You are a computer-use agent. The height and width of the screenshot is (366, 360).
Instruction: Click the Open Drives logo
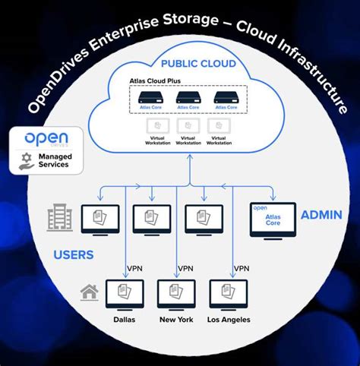point(47,139)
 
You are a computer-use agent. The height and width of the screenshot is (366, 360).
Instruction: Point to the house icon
point(89,290)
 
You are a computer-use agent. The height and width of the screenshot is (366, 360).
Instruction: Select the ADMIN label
point(321,215)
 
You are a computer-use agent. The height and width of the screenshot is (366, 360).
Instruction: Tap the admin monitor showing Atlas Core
point(273,220)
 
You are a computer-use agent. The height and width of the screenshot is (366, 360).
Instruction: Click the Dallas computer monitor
point(125,295)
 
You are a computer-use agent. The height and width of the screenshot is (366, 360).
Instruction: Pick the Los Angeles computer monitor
point(228,295)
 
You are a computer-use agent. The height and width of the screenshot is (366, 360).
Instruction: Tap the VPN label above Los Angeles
point(241,268)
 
